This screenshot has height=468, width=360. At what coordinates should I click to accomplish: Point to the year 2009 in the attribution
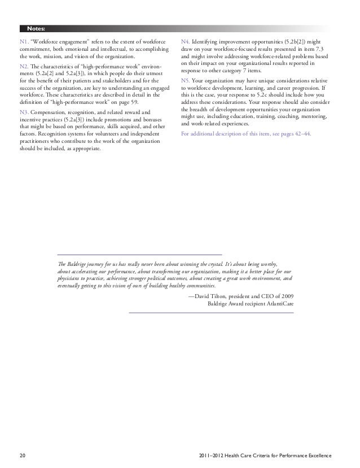click(284, 296)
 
